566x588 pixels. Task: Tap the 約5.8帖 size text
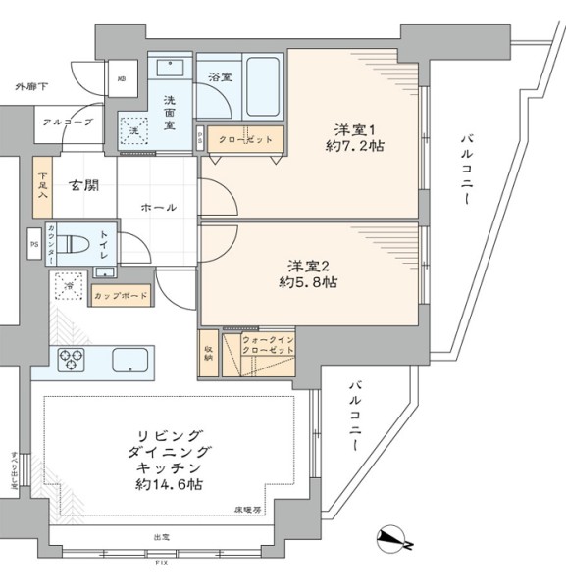tap(313, 283)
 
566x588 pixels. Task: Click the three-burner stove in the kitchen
tap(74, 361)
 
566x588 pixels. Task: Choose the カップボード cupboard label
tap(121, 295)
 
